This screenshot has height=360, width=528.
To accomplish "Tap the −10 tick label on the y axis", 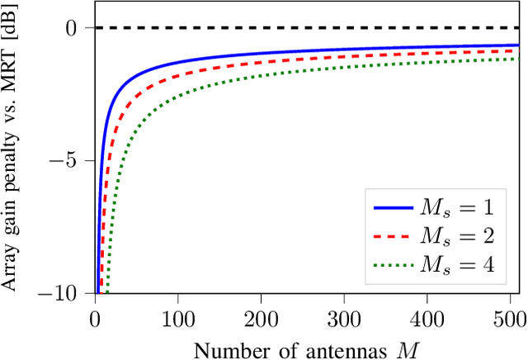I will tap(64, 293).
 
